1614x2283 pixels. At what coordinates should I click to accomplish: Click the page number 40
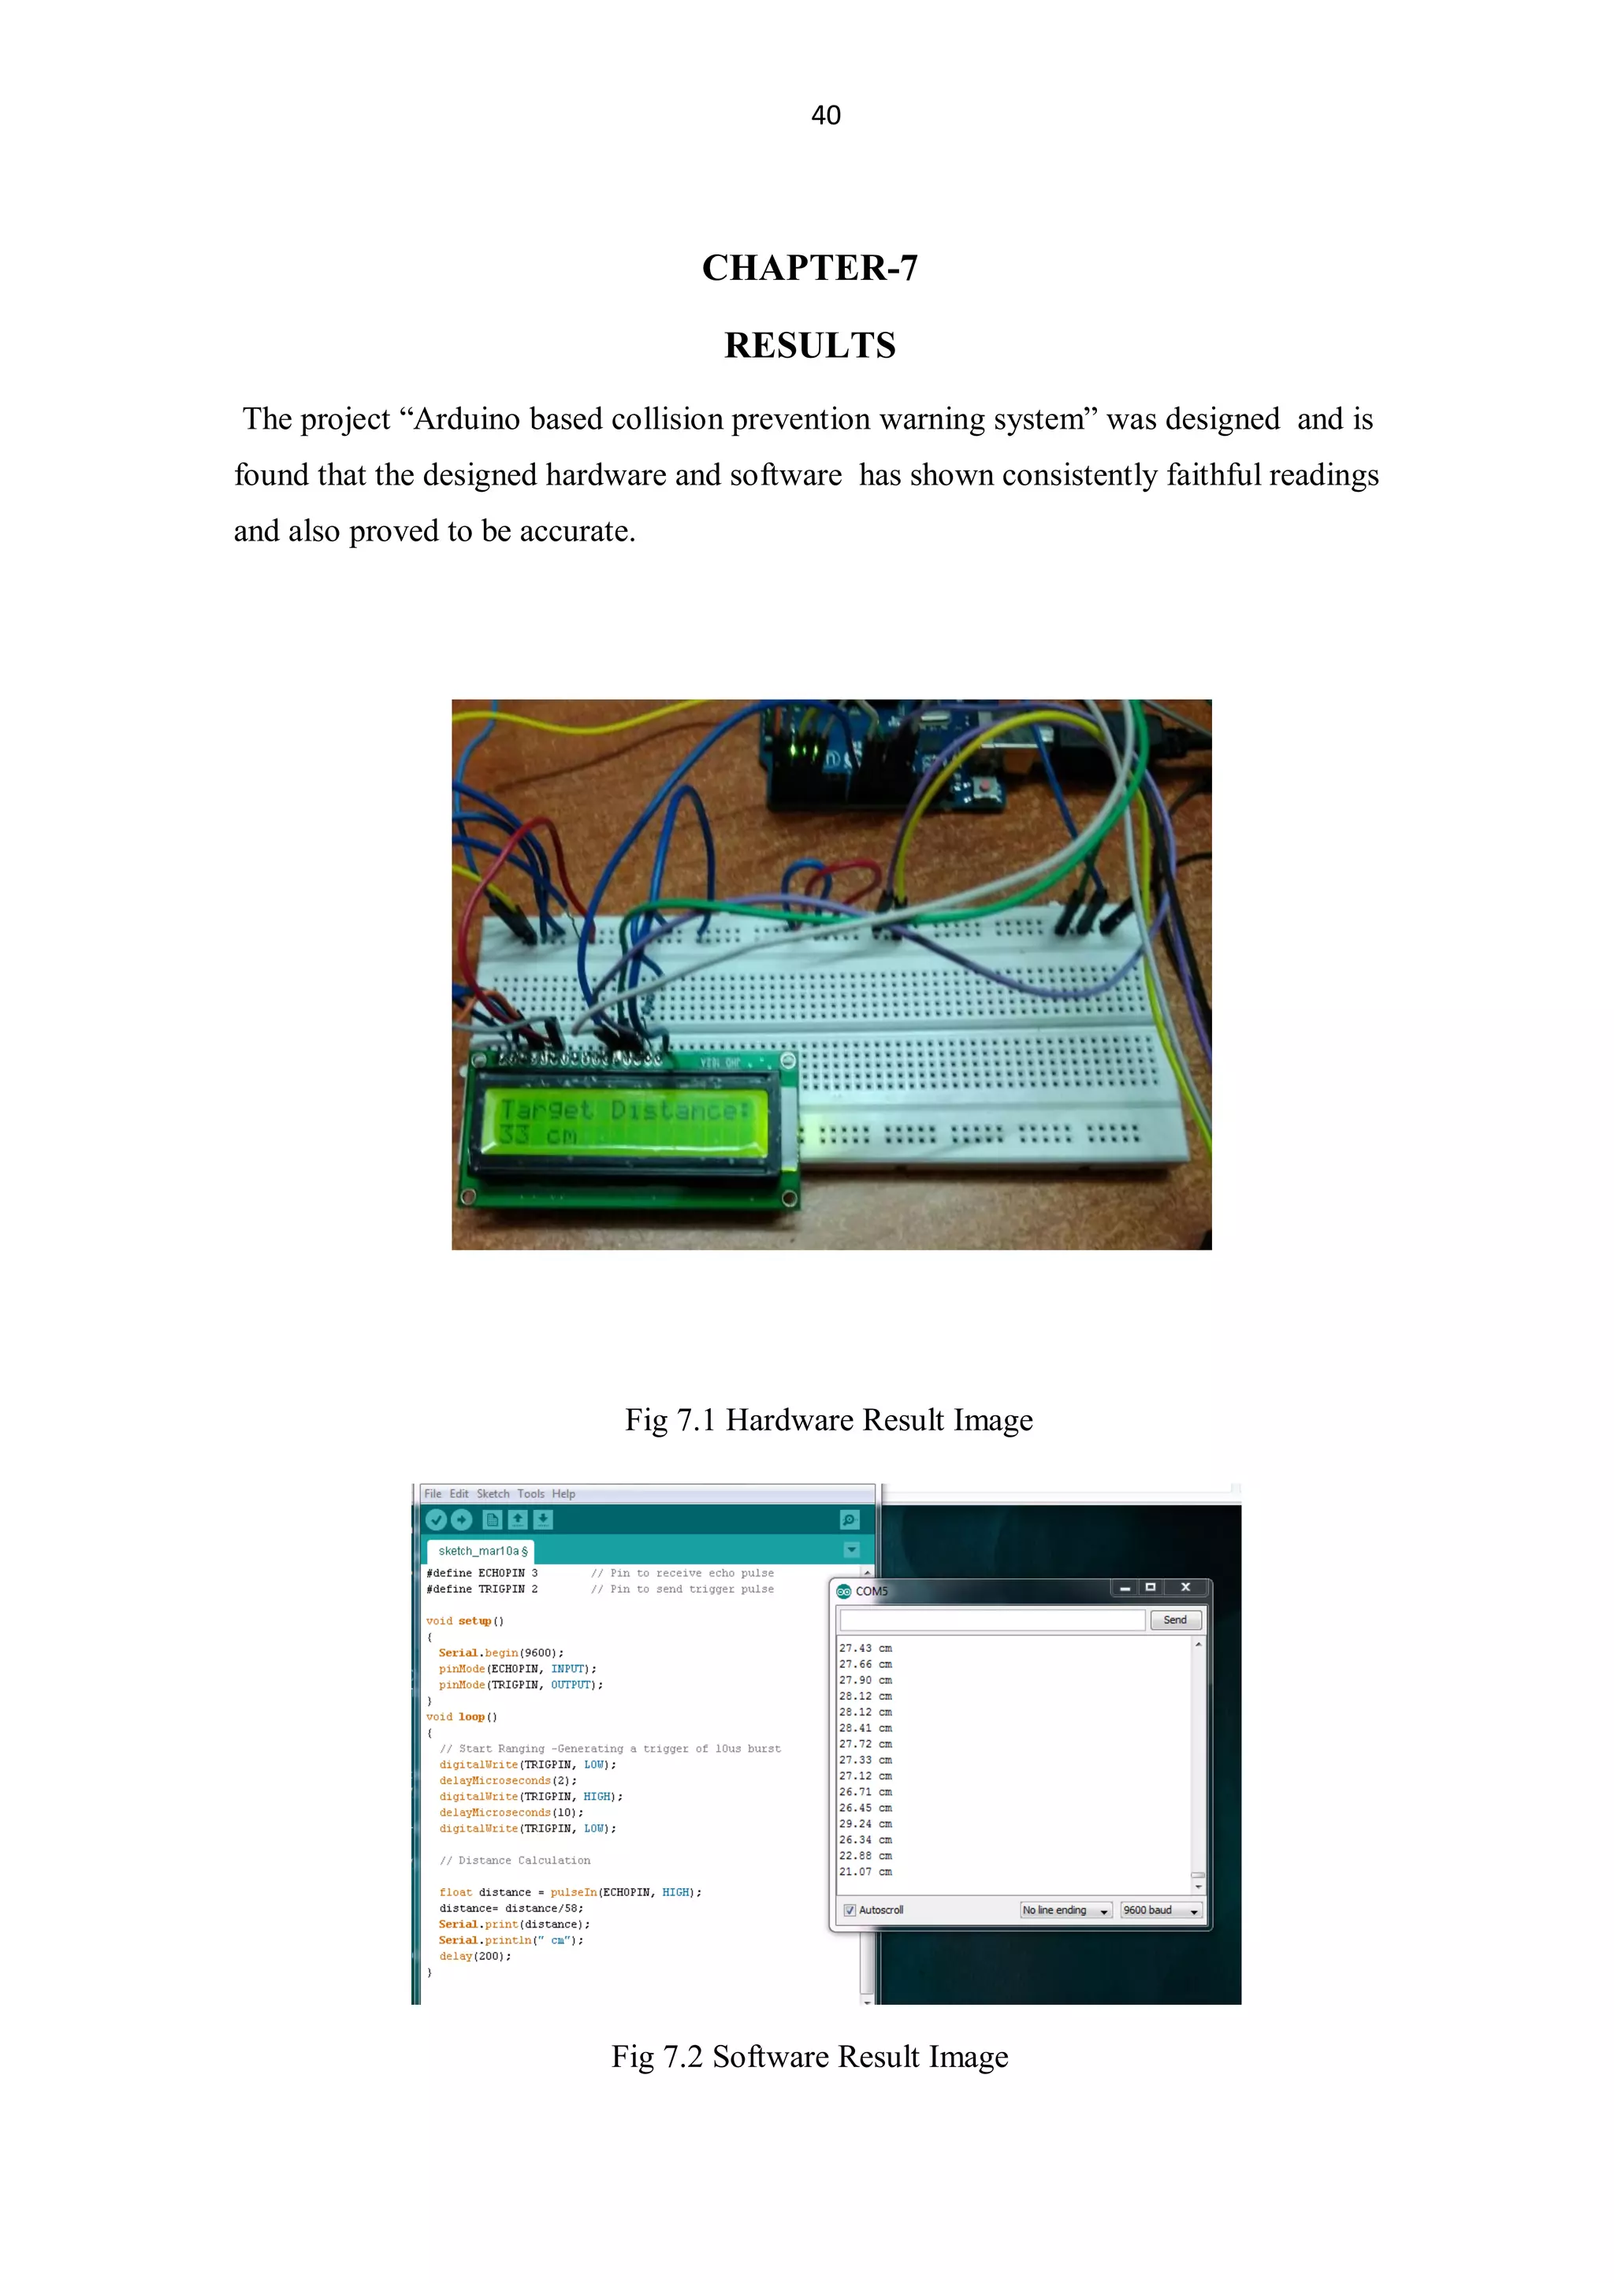coord(825,115)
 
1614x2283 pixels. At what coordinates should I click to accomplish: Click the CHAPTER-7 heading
coord(809,267)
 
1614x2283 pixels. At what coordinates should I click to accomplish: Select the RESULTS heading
coord(809,345)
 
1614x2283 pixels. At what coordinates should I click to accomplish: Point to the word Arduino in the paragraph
coord(467,419)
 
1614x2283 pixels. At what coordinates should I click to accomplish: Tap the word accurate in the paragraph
coord(577,532)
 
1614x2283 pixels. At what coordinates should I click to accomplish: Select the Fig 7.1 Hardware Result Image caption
coord(828,1420)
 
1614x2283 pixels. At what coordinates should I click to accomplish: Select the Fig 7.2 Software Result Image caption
coord(809,2056)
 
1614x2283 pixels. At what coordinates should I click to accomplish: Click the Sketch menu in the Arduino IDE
coord(493,1493)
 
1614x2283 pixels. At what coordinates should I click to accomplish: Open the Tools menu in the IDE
coord(530,1493)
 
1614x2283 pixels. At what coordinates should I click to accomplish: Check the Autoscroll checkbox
coord(850,1910)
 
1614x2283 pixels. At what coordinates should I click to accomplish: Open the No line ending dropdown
coord(1065,1910)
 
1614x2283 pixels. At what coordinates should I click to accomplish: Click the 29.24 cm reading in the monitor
coord(865,1824)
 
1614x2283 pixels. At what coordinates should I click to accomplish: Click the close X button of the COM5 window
coord(1185,1587)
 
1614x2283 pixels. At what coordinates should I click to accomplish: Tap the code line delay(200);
coord(475,1956)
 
